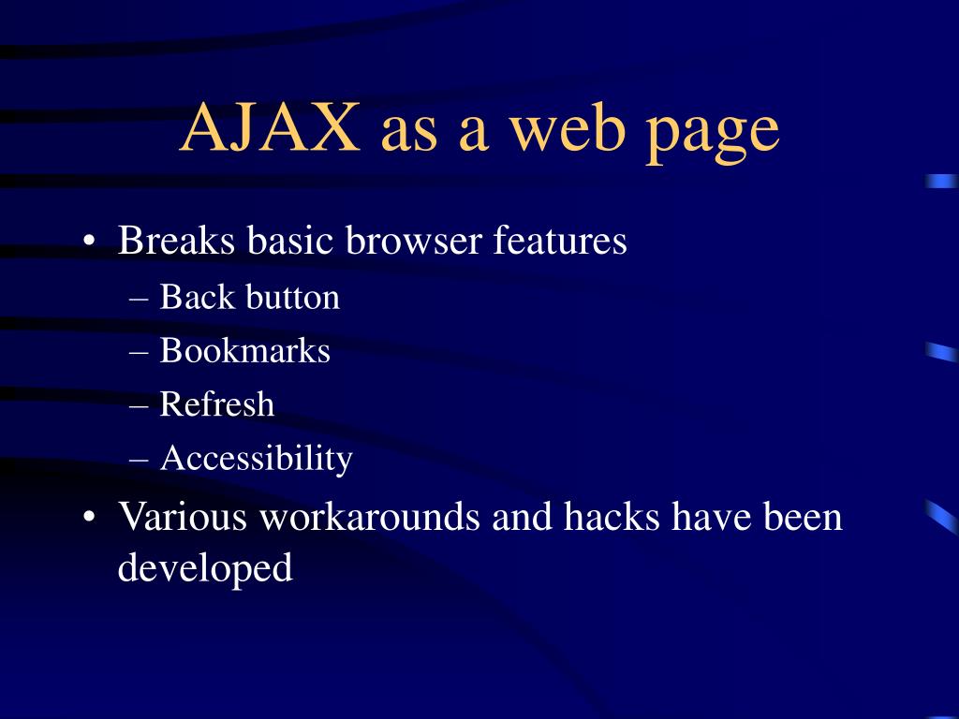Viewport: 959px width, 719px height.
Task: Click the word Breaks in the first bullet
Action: tap(176, 241)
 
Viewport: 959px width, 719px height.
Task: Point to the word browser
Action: tap(413, 241)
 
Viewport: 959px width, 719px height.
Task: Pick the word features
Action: tap(560, 241)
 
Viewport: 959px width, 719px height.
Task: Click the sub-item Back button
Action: tap(249, 298)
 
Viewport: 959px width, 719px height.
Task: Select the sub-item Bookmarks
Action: tap(244, 351)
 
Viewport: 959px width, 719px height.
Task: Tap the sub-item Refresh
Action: tap(217, 404)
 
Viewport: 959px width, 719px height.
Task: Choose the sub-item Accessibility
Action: tap(256, 459)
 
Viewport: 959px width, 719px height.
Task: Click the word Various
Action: tap(183, 516)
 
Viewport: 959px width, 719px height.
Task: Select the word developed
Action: tap(205, 567)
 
